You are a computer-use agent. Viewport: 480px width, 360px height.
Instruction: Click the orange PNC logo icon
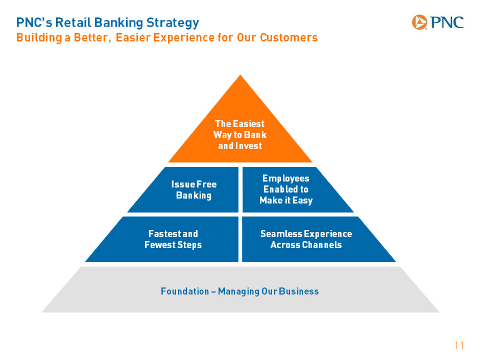[419, 22]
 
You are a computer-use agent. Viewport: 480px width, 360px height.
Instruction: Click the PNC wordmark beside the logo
[447, 22]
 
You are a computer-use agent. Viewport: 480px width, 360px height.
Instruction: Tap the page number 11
[459, 345]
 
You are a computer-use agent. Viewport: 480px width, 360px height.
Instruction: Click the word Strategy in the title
[173, 23]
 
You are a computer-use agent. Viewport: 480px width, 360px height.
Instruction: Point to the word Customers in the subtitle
[289, 37]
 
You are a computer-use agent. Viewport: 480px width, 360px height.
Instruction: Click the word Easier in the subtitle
[133, 37]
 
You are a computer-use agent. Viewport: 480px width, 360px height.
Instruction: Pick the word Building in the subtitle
[39, 38]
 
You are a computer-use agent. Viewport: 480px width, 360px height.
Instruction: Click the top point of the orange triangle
[241, 75]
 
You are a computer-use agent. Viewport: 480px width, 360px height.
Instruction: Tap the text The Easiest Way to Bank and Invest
[240, 135]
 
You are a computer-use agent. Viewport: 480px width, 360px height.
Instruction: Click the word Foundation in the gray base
[185, 291]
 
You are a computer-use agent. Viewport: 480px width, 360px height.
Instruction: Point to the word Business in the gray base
[299, 291]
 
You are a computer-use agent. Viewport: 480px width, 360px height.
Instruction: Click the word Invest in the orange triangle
[249, 146]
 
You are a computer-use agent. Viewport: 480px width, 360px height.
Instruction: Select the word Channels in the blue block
[322, 245]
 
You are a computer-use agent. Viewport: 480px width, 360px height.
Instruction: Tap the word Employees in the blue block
[286, 179]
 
